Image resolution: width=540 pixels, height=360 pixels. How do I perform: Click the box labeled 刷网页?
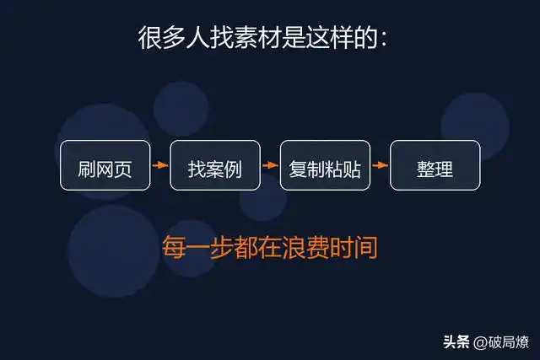coord(105,165)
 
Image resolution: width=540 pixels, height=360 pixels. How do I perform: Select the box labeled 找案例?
coord(214,165)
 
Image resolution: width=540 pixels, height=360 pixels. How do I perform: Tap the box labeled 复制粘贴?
coord(325,165)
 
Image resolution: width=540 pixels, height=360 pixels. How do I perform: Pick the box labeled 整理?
coord(435,165)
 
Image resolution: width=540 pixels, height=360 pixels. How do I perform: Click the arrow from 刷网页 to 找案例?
coord(160,165)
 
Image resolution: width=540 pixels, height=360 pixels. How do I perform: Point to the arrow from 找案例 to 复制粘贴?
coord(270,165)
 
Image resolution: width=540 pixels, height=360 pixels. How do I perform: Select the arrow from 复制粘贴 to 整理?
coord(380,165)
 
